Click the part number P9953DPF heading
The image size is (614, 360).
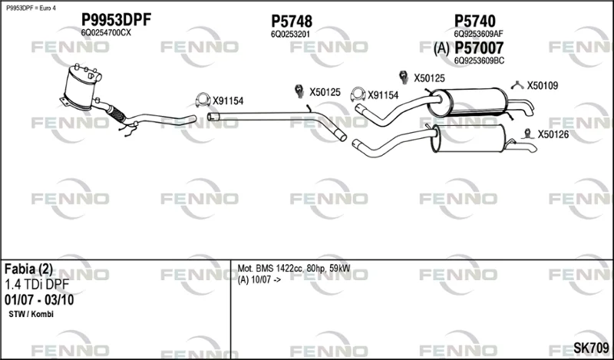coord(116,20)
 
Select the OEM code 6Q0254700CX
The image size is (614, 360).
coord(106,33)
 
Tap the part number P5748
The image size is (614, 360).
coord(292,21)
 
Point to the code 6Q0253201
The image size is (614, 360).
coord(290,34)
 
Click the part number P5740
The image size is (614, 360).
coord(474,21)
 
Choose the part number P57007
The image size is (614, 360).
coord(479,48)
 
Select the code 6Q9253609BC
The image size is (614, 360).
coord(479,61)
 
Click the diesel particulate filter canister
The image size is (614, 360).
coord(81,88)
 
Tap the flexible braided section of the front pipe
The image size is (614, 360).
coord(117,113)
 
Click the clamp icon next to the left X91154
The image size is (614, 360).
coord(203,101)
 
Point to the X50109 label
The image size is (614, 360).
coord(543,85)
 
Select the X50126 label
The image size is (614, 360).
coord(553,135)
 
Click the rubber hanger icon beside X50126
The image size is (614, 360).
coord(528,134)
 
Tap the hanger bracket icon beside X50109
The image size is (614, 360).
coord(517,84)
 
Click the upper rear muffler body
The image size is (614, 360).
coord(467,102)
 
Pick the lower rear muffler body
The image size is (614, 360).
coord(468,139)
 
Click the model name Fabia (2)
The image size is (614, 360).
coord(28,269)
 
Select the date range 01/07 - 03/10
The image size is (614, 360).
coord(39,300)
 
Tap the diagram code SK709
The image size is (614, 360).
coord(591,348)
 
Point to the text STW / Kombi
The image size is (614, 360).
coord(31,314)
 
